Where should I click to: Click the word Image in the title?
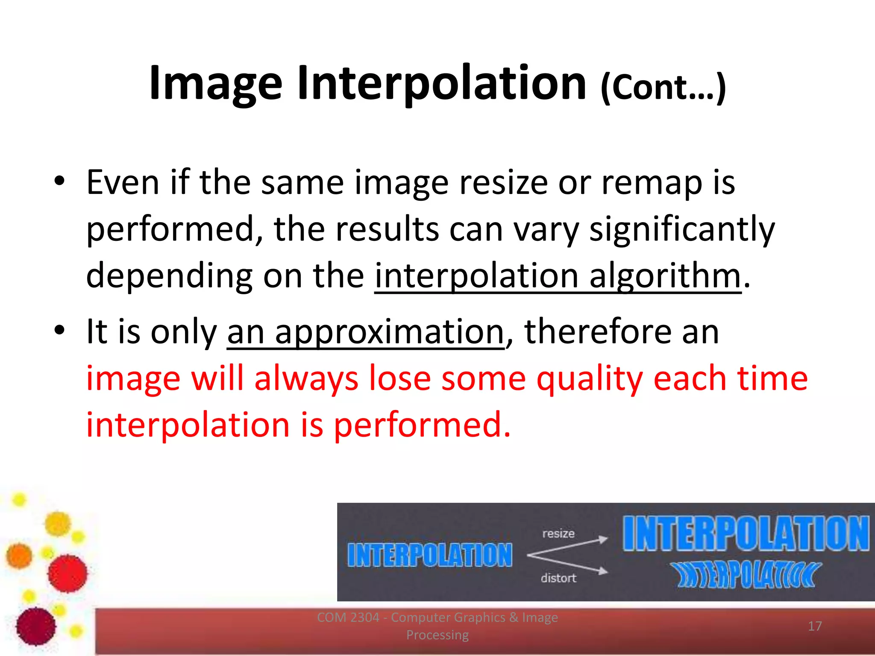point(216,83)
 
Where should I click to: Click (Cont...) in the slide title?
point(663,88)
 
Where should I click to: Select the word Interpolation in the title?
point(442,83)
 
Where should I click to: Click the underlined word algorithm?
point(665,276)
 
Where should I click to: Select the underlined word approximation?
point(389,332)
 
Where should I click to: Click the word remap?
point(652,183)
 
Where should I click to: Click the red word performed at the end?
point(422,425)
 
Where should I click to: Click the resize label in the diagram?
point(558,533)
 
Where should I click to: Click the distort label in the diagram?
point(558,578)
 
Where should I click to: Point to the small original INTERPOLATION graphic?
point(429,555)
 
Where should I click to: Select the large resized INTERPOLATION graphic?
point(746,533)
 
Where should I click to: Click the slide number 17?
point(815,626)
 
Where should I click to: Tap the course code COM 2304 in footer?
point(348,618)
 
